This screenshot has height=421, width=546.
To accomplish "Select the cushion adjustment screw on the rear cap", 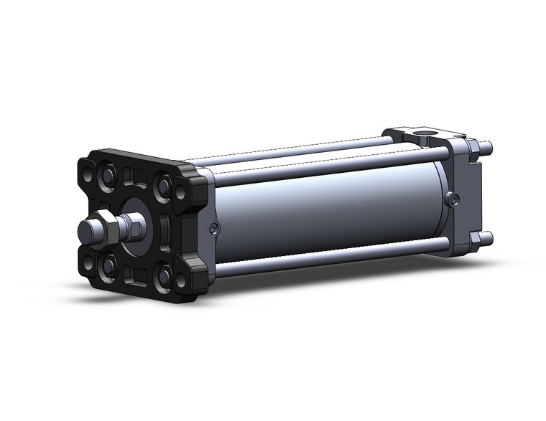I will (450, 200).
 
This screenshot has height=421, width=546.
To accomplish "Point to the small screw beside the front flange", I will (213, 228).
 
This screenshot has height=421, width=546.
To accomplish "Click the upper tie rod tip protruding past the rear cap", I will (489, 148).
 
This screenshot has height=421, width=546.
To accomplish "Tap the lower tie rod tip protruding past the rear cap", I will (489, 237).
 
